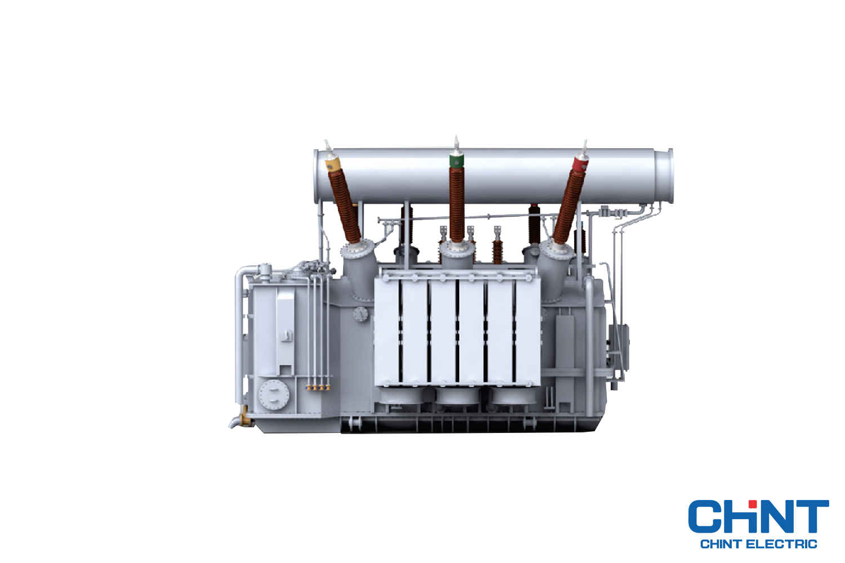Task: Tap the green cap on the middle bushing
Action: (x=456, y=162)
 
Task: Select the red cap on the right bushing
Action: (x=580, y=165)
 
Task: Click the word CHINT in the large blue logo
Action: (x=758, y=516)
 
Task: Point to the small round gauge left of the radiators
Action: (x=360, y=314)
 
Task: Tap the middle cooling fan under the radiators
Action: (x=457, y=396)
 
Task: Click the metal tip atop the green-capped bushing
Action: (x=456, y=143)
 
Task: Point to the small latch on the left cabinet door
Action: (x=286, y=336)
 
